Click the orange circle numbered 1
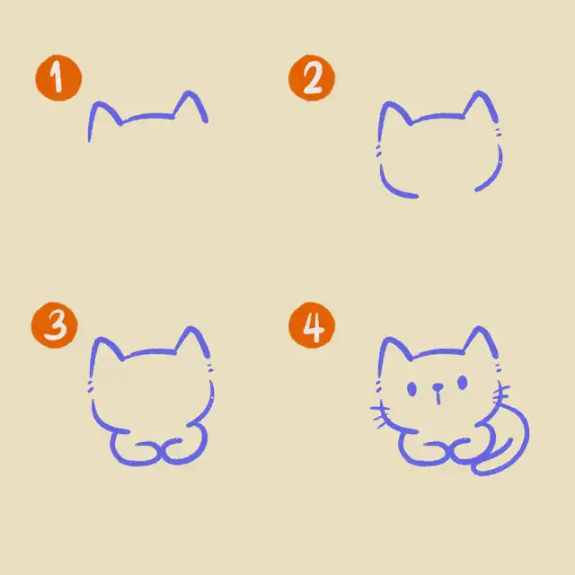[58, 78]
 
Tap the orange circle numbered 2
[312, 78]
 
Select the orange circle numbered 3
[55, 325]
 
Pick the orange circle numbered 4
[312, 325]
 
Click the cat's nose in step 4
[438, 387]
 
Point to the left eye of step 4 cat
[411, 389]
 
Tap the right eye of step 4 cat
[463, 383]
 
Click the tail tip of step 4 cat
[510, 439]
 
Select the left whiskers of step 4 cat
[380, 414]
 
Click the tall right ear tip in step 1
[190, 93]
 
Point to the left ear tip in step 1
[98, 104]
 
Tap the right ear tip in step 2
[479, 93]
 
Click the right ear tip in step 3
[190, 328]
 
